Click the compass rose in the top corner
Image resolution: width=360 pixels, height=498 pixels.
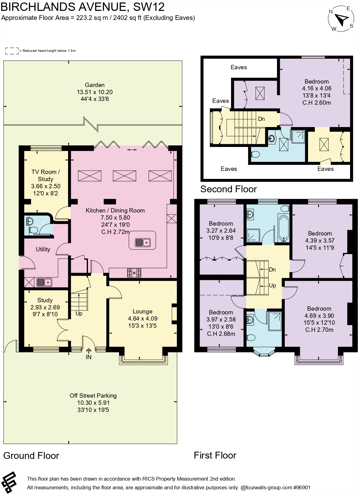[342, 19]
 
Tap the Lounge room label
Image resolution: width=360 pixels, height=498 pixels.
[142, 311]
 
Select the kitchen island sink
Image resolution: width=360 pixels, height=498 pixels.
[143, 242]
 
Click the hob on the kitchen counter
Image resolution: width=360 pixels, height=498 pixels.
[134, 273]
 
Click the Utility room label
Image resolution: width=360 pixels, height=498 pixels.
[43, 249]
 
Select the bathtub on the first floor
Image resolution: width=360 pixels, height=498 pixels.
[283, 228]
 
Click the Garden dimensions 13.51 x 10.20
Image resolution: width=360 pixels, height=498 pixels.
[95, 92]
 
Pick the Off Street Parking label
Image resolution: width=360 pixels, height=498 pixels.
[93, 395]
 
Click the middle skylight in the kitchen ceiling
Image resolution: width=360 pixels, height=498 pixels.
[124, 176]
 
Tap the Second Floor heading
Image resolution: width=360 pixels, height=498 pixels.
[228, 189]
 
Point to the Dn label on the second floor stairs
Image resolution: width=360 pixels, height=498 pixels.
[261, 119]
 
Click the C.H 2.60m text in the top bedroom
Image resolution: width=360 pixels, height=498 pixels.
[316, 103]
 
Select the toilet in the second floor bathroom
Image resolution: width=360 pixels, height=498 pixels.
[256, 154]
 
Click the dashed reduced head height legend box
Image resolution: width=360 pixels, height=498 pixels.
[12, 51]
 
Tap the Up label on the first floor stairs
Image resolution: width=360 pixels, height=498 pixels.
[272, 285]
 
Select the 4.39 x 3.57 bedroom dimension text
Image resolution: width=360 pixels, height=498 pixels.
[320, 240]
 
